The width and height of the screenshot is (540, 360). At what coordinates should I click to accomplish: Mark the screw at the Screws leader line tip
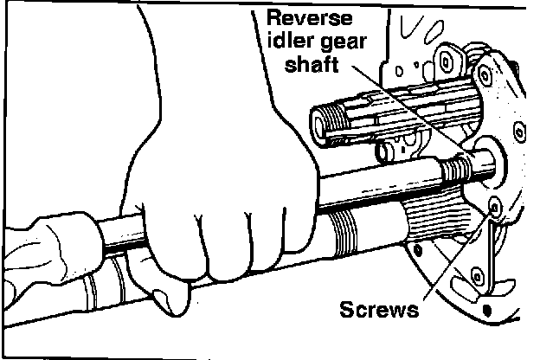tap(495, 207)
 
